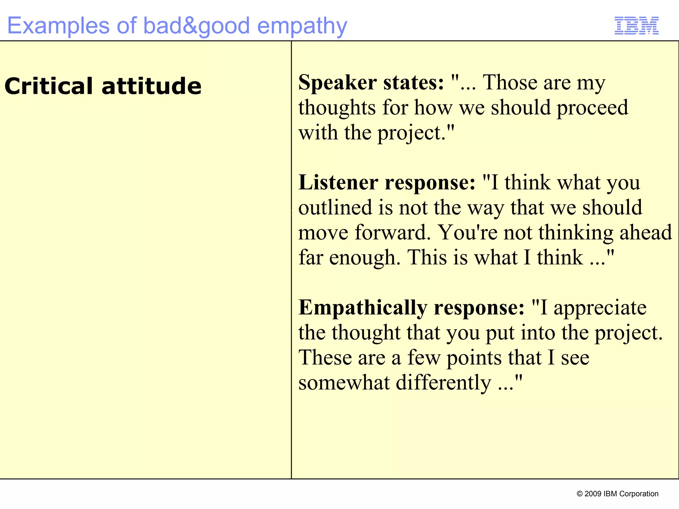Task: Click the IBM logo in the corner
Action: tap(636, 26)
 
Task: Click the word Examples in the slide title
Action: tap(58, 26)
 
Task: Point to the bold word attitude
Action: tap(152, 86)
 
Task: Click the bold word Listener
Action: tap(338, 183)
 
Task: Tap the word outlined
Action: tap(335, 207)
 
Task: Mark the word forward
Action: tap(392, 232)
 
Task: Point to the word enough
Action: tap(365, 258)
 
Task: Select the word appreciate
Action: tap(600, 308)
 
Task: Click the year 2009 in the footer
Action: tap(593, 494)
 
